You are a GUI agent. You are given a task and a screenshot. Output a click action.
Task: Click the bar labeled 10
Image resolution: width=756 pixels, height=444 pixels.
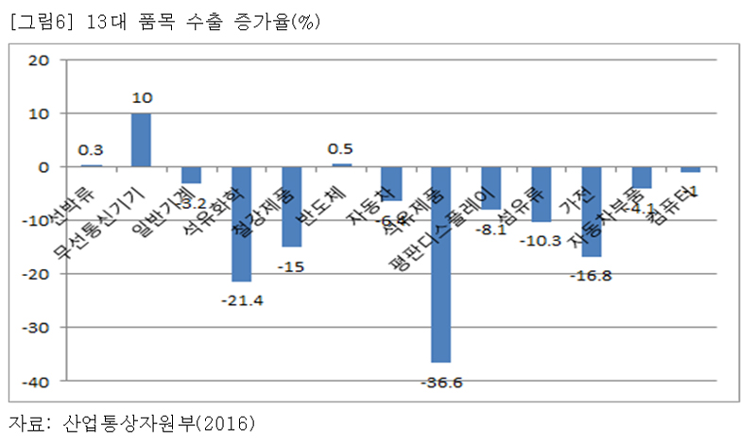point(141,140)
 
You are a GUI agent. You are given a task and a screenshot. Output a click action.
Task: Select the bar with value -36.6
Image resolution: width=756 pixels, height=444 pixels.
point(440,265)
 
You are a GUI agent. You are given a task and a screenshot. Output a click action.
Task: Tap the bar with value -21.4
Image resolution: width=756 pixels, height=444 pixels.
point(241,224)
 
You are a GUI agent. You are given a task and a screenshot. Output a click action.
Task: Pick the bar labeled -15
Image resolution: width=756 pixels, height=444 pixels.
point(291,207)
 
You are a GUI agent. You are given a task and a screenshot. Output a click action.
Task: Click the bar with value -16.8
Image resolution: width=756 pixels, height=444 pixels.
point(592,212)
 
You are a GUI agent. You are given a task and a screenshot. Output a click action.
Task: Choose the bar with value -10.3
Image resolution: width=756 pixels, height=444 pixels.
point(541,195)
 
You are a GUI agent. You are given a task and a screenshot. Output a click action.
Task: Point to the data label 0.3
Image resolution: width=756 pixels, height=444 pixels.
point(91,149)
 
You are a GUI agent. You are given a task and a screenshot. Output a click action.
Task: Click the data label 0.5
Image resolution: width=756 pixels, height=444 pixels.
point(341,149)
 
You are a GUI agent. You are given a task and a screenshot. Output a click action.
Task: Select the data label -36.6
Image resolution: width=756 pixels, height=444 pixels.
point(440,383)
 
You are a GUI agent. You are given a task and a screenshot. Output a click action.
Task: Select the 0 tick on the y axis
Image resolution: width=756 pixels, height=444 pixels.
point(43,167)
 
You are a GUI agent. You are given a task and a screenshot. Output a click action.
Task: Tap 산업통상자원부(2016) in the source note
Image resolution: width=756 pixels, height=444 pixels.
point(160,421)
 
